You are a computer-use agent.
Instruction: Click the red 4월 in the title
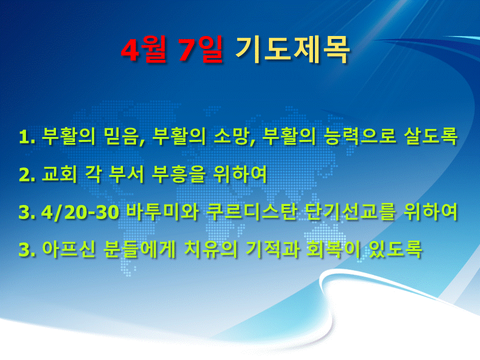tap(144, 49)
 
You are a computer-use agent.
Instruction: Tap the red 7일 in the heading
tap(200, 49)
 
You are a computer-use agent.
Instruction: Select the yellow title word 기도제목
tap(292, 49)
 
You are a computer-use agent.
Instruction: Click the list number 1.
tap(27, 137)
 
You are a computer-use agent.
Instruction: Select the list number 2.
tap(27, 175)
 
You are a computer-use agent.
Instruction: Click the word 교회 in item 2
tap(59, 174)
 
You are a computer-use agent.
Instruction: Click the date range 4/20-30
tap(80, 212)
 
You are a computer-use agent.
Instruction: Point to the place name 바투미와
tap(162, 211)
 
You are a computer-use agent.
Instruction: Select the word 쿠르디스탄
tap(252, 211)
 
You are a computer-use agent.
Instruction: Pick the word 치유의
tap(211, 249)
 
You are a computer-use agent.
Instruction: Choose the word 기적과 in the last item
tap(272, 249)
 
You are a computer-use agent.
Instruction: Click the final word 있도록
tap(395, 249)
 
